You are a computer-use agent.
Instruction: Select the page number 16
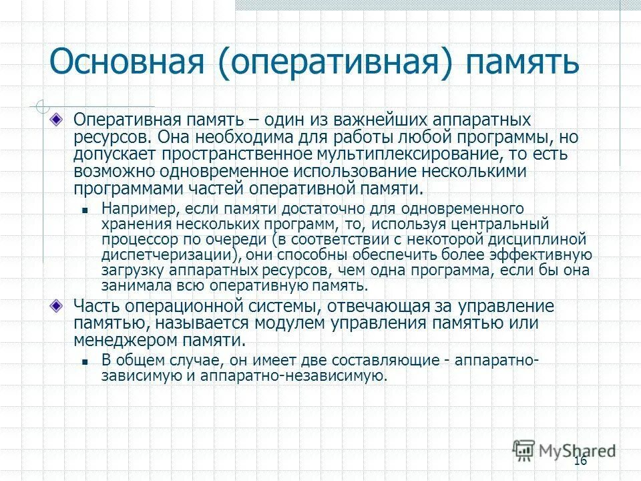tap(580, 462)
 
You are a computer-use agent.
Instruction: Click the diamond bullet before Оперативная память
tap(59, 120)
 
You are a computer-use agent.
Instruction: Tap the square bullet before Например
tap(85, 209)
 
